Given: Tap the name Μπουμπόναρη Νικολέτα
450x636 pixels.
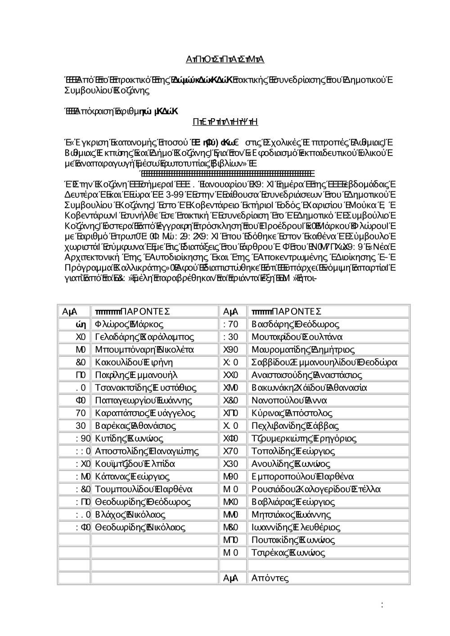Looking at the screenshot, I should click(x=144, y=350).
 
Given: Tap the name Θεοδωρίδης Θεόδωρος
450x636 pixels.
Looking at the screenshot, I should click(x=143, y=502).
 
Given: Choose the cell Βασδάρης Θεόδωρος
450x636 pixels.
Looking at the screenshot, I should click(x=296, y=324).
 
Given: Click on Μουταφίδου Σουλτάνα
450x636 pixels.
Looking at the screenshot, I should click(x=297, y=337).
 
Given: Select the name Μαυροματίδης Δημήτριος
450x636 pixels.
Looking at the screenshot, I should click(x=303, y=350).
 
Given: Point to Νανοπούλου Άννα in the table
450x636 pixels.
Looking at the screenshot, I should click(x=289, y=400).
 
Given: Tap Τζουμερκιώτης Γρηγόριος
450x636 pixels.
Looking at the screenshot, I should click(x=304, y=438).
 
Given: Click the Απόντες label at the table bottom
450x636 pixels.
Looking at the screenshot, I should click(x=270, y=578).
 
